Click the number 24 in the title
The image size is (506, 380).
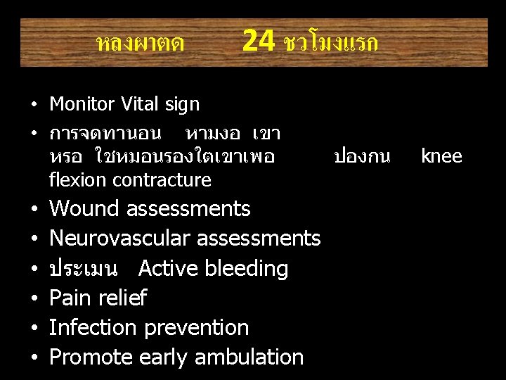pos(258,42)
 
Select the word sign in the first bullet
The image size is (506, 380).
pos(181,105)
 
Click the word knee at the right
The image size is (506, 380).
pos(441,156)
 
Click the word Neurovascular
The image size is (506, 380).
pos(120,239)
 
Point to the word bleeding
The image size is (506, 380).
pos(247,269)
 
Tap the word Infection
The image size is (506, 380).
pos(94,327)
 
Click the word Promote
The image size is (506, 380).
pos(91,357)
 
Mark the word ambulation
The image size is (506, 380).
pos(249,357)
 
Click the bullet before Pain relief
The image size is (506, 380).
pos(33,298)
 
